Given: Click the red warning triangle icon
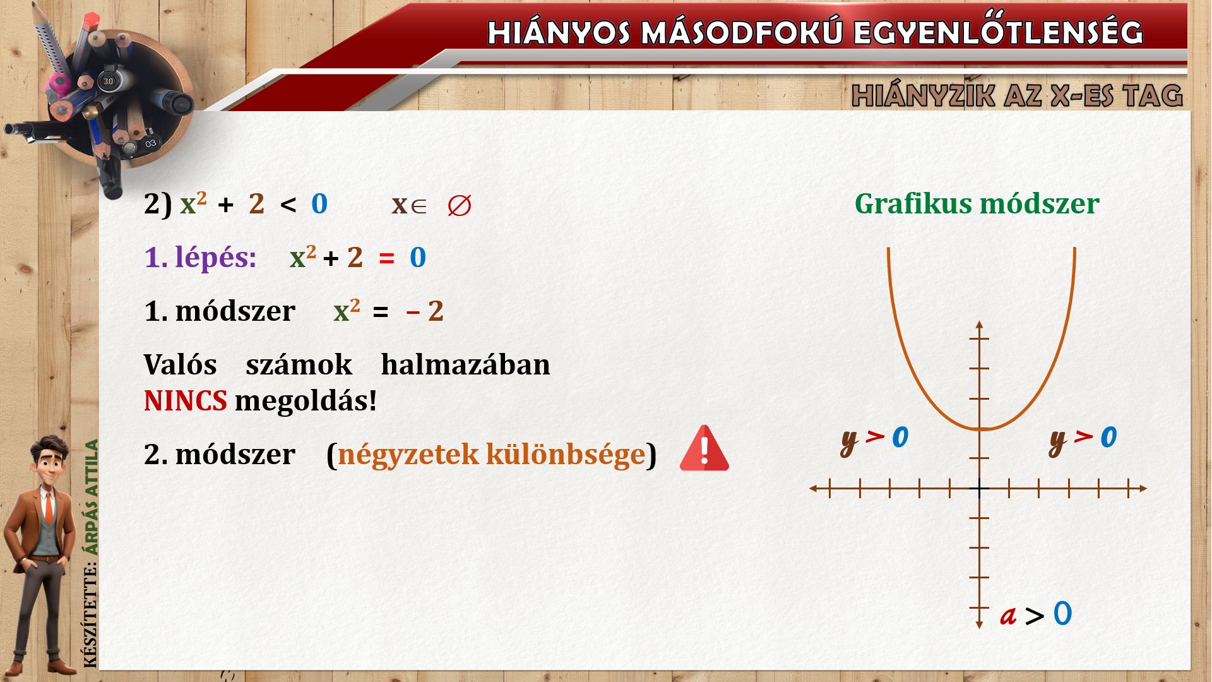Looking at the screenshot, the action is coord(704,448).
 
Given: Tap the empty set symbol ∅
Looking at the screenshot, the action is coord(459,206).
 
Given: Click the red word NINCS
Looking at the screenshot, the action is coord(185,400).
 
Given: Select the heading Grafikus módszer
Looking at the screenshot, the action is coord(977,203).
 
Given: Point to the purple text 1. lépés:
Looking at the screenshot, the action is coord(200,258).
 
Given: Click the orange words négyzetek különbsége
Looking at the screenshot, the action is coord(491,454).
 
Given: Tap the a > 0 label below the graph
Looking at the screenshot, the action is coord(1036,614).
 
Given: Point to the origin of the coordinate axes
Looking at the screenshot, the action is coord(979,488).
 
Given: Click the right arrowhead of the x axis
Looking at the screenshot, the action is coord(1143,488).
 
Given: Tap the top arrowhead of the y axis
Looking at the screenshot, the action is coord(979,325).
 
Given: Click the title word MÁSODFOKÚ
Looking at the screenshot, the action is coord(741,33).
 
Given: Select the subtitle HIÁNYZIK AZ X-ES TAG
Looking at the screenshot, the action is coord(1017,95).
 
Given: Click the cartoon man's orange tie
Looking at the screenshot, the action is coord(49,508).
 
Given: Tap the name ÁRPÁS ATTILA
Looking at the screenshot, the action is coord(92,498).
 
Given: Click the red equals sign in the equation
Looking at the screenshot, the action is coord(386,258).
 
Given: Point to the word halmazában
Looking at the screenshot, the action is coord(465,365).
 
